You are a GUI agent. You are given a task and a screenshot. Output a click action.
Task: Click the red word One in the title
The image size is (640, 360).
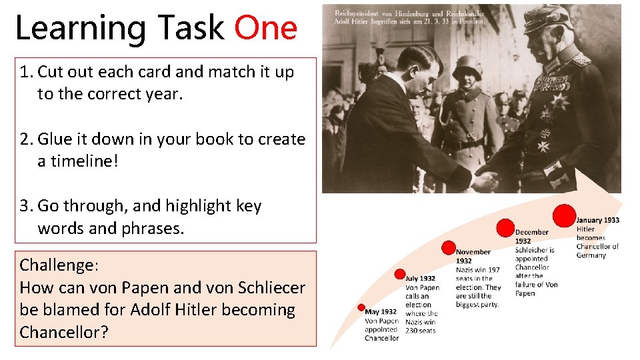click(x=265, y=28)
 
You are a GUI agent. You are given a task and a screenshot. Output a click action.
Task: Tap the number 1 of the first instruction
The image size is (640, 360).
click(x=25, y=72)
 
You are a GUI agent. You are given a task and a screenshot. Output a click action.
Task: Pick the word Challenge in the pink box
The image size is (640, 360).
click(x=57, y=265)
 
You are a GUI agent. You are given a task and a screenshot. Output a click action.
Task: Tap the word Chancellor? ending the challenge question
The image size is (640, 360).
click(x=63, y=332)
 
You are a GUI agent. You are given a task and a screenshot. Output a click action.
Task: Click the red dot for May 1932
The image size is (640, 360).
click(x=361, y=307)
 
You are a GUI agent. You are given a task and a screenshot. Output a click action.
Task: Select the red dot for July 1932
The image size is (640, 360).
click(x=400, y=274)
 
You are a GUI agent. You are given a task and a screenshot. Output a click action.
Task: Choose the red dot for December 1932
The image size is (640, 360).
click(x=506, y=228)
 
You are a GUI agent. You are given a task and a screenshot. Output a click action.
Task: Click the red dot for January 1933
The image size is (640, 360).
click(x=564, y=215)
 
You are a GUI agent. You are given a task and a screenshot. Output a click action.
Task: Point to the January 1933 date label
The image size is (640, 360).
click(x=598, y=220)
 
